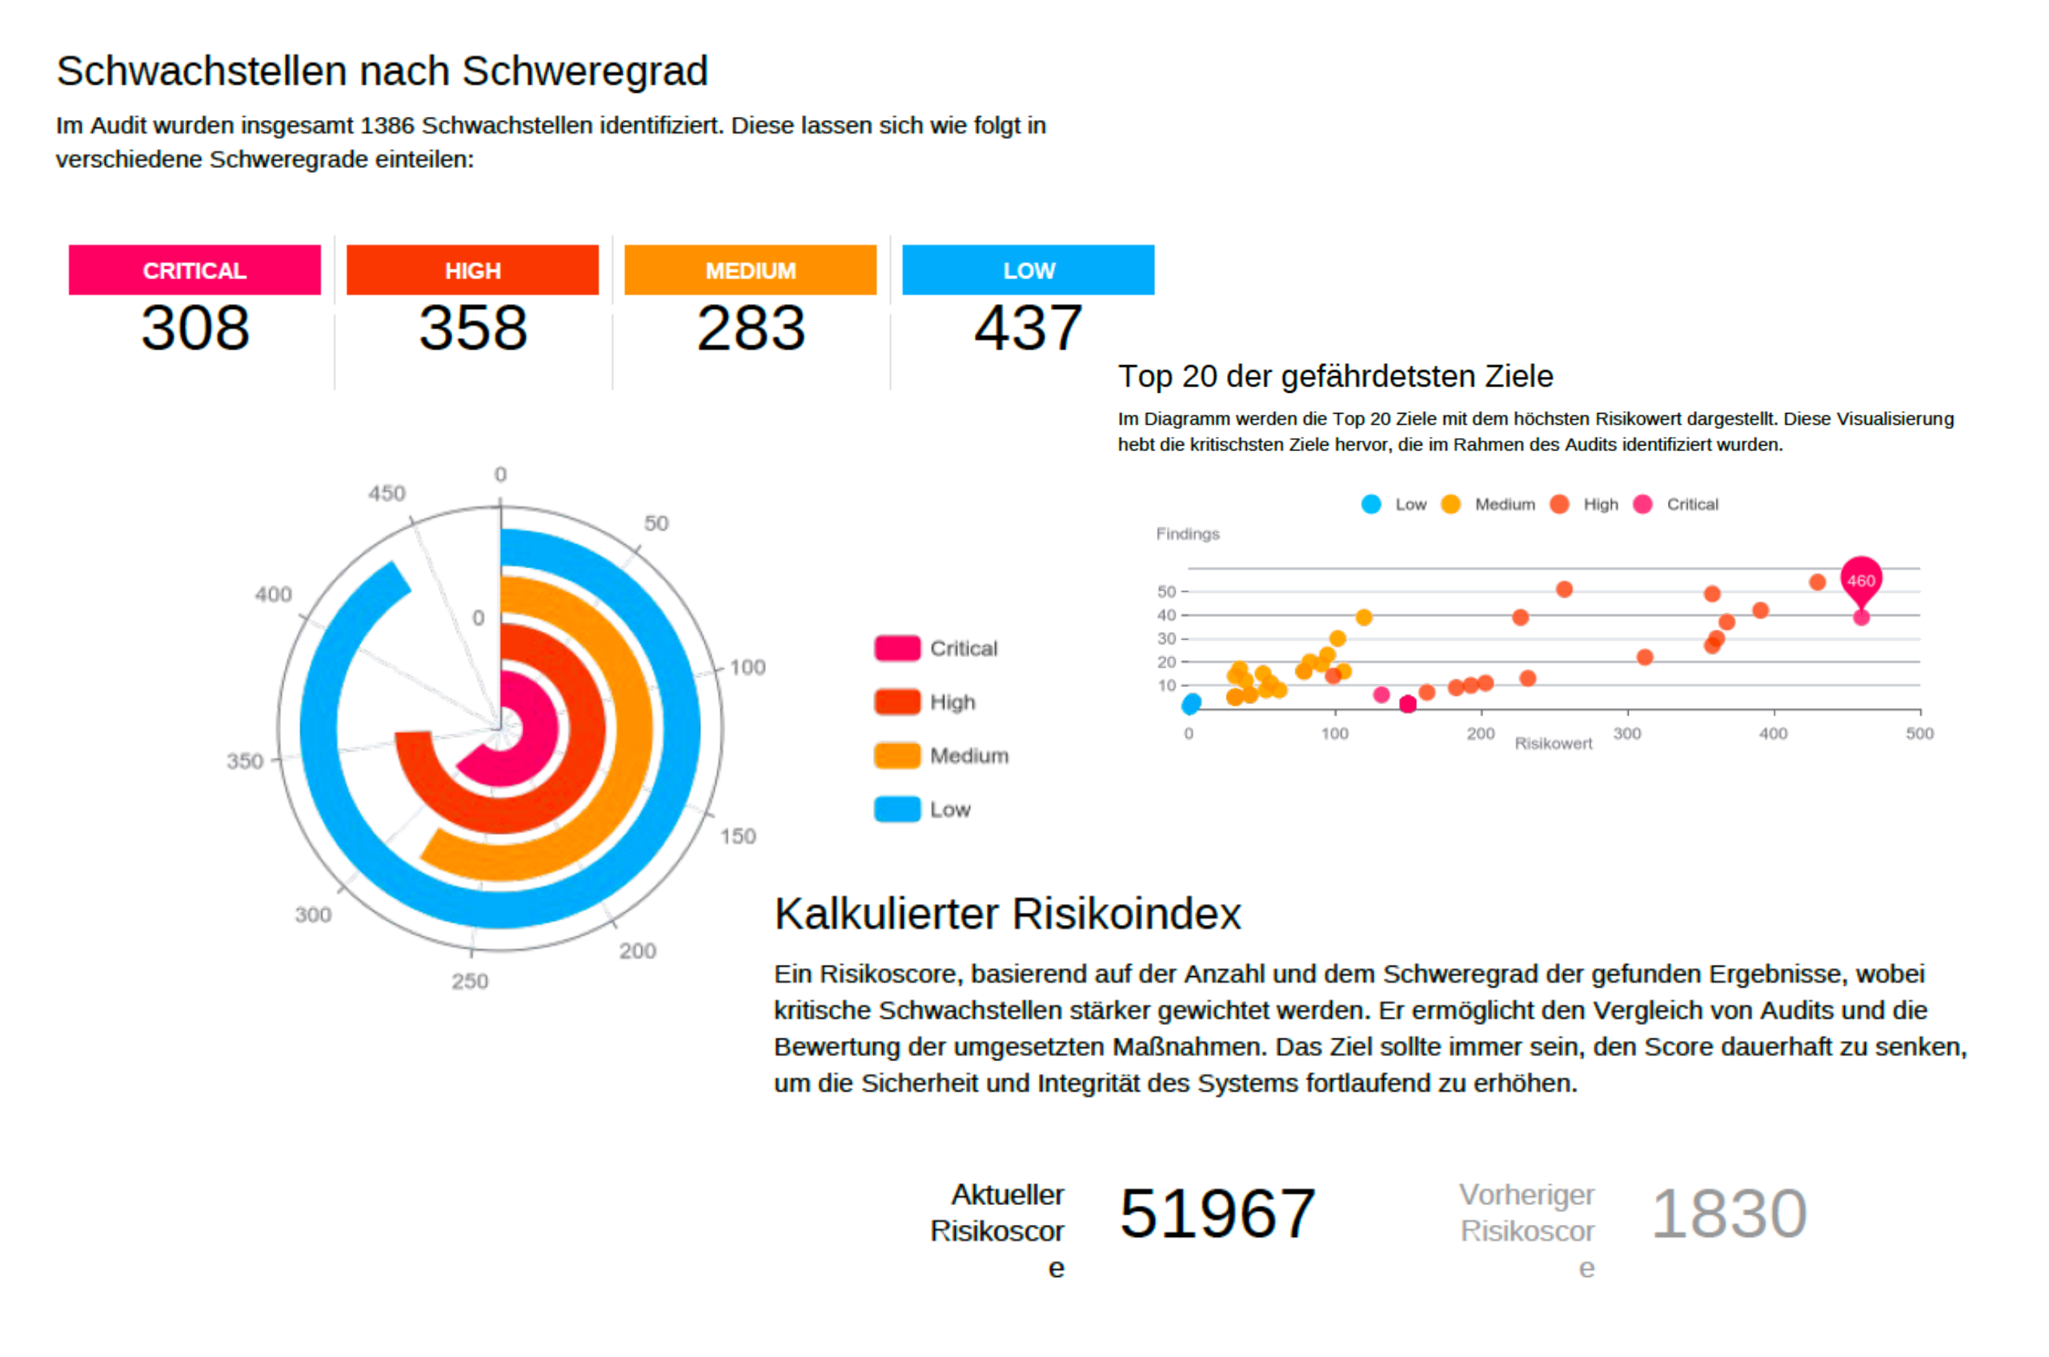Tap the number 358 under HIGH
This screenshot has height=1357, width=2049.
coord(473,328)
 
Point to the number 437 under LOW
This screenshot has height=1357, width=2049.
coord(1028,328)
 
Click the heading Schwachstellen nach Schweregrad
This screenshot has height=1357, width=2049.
coord(382,71)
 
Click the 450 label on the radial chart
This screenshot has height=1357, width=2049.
coord(386,494)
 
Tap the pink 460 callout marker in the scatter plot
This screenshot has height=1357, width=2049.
coord(1860,580)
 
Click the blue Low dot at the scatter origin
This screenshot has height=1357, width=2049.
coord(1191,703)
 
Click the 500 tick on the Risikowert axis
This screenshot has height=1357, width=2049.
coord(1919,734)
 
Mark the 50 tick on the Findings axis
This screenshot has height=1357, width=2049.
coord(1166,592)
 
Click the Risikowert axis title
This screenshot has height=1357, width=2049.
coord(1553,743)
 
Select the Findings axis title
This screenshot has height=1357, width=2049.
coord(1187,534)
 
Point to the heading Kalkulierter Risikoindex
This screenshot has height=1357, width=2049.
coord(1007,914)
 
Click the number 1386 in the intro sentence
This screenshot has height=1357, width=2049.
coord(387,126)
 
